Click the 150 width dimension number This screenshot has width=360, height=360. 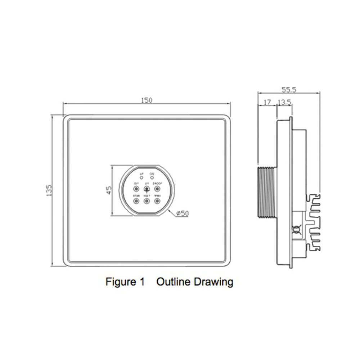coord(147,100)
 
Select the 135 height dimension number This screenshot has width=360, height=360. coord(49,190)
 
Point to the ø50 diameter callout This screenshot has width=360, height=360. coord(183,213)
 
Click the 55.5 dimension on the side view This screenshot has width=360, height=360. coord(288,89)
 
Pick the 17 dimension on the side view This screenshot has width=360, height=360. coord(267,103)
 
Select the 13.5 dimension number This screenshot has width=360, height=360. coord(284,103)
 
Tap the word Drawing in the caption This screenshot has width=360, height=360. coord(214,281)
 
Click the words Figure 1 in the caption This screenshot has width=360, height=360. coord(125,281)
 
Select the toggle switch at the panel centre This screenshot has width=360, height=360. coord(147,189)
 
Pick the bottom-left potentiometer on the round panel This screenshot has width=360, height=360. coord(136,200)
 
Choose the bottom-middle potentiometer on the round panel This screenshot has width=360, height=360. coord(147,200)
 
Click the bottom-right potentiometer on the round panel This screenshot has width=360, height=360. coord(157,200)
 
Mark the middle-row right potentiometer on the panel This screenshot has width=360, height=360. coord(157,189)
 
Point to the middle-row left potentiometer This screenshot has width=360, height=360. coord(136,189)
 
